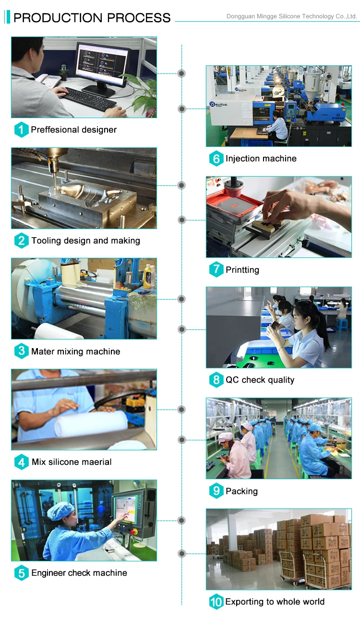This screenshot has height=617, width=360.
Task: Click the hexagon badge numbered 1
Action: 21,130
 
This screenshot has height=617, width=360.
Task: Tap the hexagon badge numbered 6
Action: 216,158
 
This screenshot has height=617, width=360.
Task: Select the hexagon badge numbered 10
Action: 216,602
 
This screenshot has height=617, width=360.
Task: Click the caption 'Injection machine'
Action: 261,158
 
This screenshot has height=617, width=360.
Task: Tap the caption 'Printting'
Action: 242,270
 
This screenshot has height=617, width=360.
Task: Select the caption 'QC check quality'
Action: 260,380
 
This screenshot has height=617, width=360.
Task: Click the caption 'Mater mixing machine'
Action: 76,351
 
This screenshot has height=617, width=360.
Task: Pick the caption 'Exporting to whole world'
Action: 275,602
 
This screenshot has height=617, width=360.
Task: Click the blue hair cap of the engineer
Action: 60,510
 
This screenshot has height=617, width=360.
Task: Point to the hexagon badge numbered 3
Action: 21,351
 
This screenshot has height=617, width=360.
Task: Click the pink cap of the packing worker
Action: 225,437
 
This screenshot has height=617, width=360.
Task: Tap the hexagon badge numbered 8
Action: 216,380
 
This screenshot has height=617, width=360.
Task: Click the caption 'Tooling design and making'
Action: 85,241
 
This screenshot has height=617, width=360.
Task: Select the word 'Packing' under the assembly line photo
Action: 241,491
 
